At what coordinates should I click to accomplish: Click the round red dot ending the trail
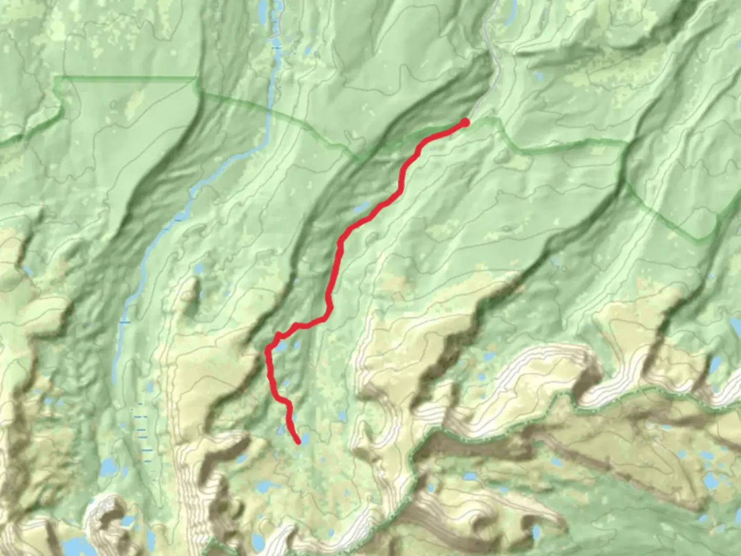(465, 122)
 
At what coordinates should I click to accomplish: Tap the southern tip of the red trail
(298, 442)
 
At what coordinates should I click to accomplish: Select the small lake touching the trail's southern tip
(305, 438)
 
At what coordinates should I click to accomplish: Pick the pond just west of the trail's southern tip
(281, 430)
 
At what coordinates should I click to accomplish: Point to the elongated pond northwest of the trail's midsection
(361, 208)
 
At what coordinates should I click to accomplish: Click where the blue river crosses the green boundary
(269, 111)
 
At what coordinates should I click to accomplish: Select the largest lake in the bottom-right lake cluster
(711, 481)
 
